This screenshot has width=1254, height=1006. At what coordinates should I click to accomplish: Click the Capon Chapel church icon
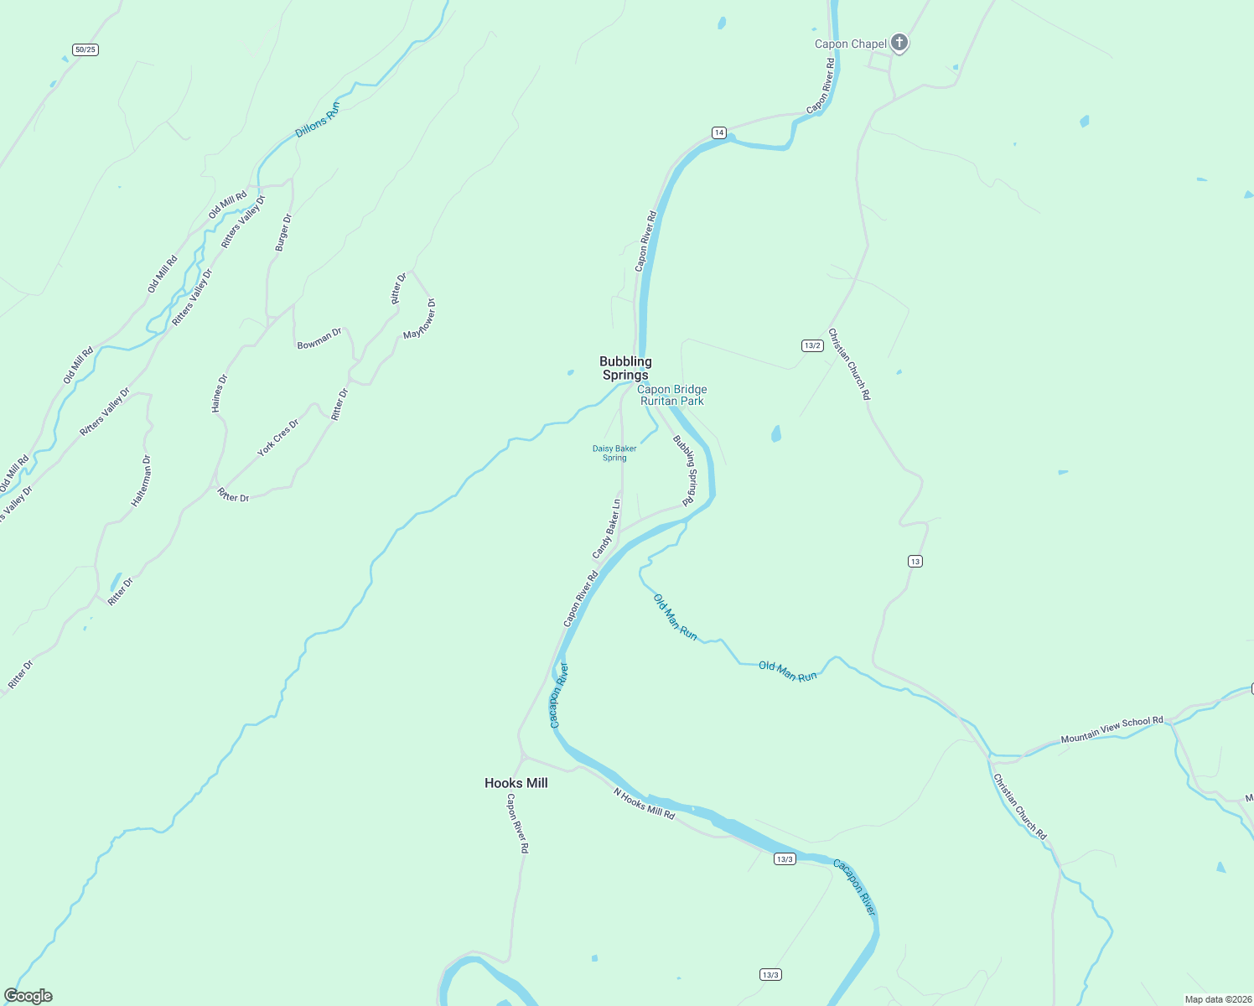coord(899,43)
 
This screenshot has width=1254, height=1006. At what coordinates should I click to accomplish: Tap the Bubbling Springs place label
coord(625,368)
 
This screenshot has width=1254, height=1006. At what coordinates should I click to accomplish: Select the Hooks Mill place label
coord(516,783)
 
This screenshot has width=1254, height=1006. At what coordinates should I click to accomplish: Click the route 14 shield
coord(719,132)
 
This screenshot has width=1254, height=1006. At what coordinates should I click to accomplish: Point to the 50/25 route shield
coord(85,49)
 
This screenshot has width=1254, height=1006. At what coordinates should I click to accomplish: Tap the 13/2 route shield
coord(811,345)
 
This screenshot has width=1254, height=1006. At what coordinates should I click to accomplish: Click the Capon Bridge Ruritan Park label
coord(672,395)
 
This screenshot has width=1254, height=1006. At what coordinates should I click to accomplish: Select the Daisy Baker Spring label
coord(614,453)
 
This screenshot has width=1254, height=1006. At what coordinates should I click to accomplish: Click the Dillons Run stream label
coord(318,121)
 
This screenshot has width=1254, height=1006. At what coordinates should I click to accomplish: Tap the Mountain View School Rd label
coord(1111,729)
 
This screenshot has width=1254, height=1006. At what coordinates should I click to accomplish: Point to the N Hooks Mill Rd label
coord(644,803)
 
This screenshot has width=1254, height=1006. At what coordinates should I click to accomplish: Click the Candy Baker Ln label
coord(607,529)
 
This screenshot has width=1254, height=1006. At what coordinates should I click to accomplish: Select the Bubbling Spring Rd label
coord(686,469)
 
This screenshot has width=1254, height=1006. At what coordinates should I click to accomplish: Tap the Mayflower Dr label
coord(420,319)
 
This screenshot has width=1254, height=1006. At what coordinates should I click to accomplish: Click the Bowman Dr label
coord(319,339)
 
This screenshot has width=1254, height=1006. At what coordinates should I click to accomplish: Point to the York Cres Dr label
coord(277,438)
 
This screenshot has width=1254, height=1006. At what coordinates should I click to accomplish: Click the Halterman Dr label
coord(142,480)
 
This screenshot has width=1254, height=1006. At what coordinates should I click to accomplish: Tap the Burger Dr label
coord(283,232)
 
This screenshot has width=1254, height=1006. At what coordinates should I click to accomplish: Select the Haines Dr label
coord(219,393)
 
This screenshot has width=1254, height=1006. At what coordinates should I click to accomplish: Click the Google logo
coord(28,996)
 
